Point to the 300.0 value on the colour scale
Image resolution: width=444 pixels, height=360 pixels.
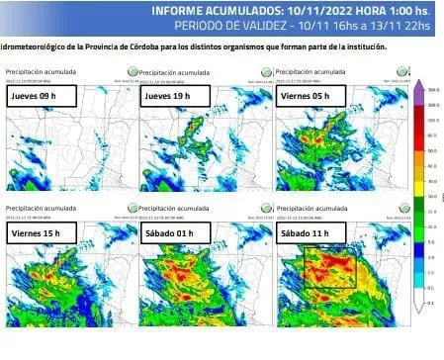click(x=432, y=89)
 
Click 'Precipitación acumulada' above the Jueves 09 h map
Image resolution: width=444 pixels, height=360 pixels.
click(x=38, y=72)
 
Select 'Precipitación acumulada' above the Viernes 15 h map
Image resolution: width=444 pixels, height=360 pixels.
click(x=38, y=209)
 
